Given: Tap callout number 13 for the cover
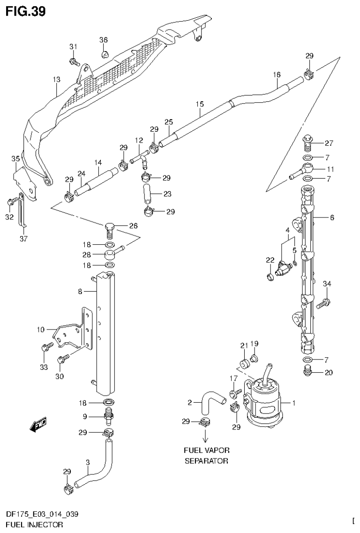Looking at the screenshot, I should click(56, 80).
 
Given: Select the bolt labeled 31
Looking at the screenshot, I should click(74, 61).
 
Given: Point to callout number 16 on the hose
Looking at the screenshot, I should click(277, 75).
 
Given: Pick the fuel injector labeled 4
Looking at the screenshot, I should click(283, 268).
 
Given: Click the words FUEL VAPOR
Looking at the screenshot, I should click(206, 450).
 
